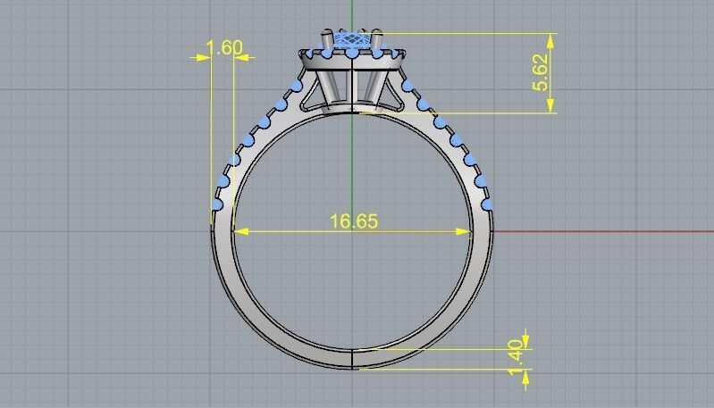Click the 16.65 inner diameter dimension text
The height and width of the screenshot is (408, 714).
pos(354,221)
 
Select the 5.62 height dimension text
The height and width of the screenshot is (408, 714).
pos(541,72)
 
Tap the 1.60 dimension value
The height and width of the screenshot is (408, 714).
pos(223,47)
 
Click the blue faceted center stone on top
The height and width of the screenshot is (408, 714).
pos(354,41)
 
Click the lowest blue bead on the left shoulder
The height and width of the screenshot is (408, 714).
pos(217,204)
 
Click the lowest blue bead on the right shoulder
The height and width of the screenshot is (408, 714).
pos(488,204)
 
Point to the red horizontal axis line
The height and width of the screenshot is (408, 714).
pos(608,231)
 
